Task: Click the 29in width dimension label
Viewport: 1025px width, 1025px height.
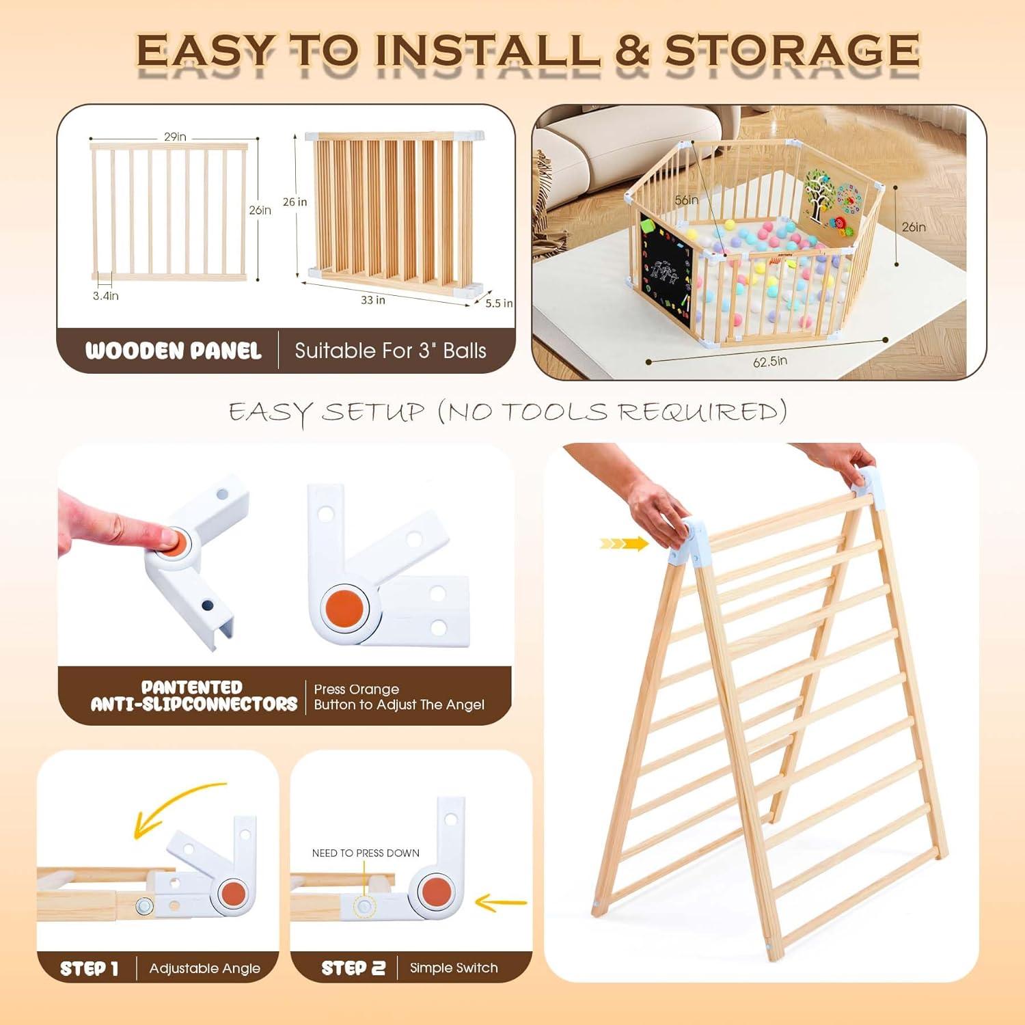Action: click(x=175, y=137)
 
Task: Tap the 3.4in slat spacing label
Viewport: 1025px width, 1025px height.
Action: click(x=106, y=296)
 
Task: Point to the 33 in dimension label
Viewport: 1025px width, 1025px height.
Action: click(x=373, y=300)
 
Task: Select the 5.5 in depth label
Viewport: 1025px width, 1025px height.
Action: click(x=498, y=303)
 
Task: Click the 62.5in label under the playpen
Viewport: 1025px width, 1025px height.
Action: click(x=770, y=361)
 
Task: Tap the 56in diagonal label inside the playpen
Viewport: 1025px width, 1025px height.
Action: click(x=686, y=200)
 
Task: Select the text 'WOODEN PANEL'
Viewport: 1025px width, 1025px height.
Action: click(x=174, y=351)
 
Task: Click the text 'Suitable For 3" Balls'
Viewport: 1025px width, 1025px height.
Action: click(x=390, y=351)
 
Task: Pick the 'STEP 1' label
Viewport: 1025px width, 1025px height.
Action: click(x=90, y=968)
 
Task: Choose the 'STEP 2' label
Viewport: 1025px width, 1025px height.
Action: click(x=353, y=968)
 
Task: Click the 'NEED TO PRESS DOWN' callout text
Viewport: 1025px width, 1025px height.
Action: click(x=366, y=853)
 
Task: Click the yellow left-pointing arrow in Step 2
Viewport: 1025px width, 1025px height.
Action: click(x=500, y=903)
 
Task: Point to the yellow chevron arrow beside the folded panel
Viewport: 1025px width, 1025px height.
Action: click(x=624, y=544)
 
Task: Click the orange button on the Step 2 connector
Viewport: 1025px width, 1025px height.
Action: click(x=437, y=894)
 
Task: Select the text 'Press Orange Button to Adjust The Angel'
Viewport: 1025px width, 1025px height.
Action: click(x=398, y=697)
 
